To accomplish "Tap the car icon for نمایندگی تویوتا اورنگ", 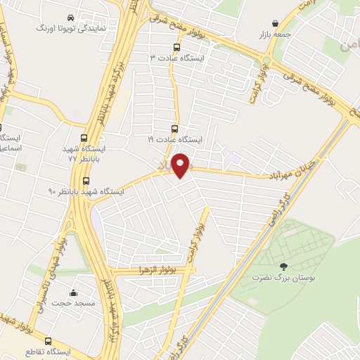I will [70, 18].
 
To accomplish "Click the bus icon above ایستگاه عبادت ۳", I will [176, 48].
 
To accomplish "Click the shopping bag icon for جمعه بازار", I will [283, 22].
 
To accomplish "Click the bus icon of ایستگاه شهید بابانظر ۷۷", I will [85, 138].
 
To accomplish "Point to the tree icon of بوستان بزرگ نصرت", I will [283, 266].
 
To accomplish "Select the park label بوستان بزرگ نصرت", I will [283, 278].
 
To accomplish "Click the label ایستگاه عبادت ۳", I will [175, 59].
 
